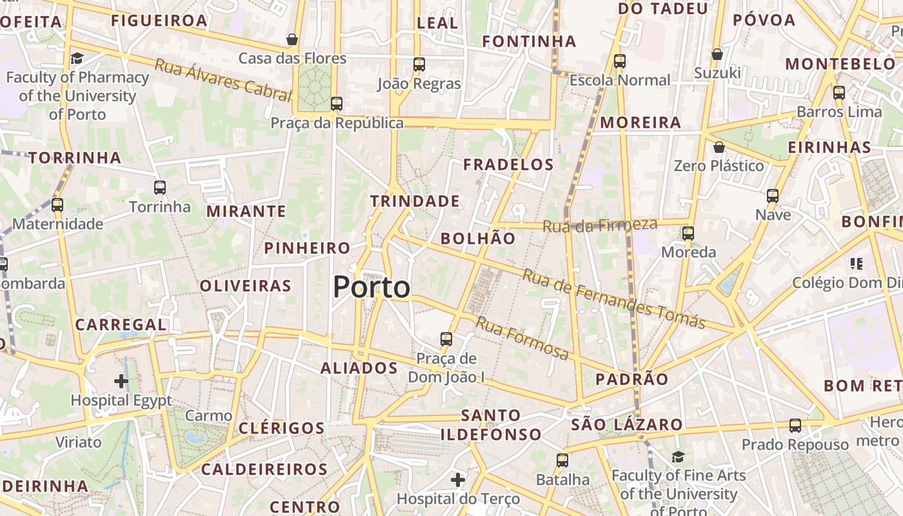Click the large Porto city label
click(x=372, y=287)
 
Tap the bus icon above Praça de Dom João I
click(x=446, y=339)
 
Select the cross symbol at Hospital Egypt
click(x=121, y=381)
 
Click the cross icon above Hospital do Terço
click(x=457, y=479)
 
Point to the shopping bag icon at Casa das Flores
click(x=292, y=40)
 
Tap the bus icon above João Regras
click(x=419, y=64)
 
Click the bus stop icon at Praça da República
click(x=336, y=103)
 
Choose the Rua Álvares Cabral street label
click(x=223, y=80)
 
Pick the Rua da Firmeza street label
click(x=600, y=226)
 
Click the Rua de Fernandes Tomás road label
click(x=613, y=299)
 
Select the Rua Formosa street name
click(x=522, y=338)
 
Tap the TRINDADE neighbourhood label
click(x=415, y=201)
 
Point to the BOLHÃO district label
click(x=478, y=239)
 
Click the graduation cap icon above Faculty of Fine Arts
click(x=678, y=457)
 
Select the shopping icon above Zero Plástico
click(x=719, y=148)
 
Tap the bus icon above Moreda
click(x=688, y=233)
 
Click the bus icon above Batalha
click(x=562, y=461)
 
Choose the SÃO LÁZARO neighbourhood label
click(x=627, y=424)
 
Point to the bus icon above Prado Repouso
click(x=795, y=426)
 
